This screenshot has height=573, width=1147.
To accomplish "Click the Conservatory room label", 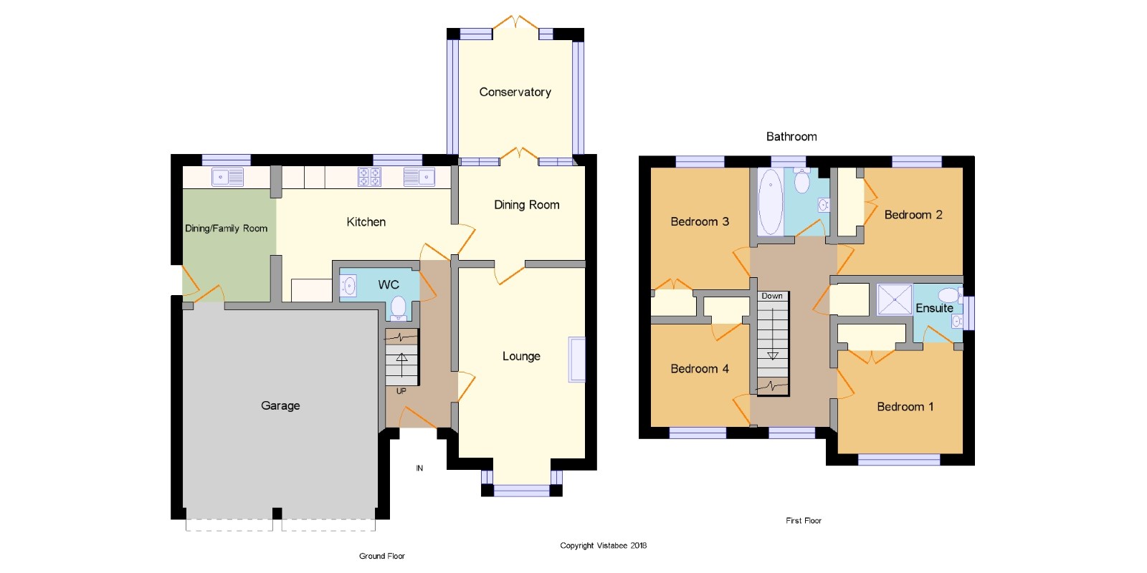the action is (x=515, y=92).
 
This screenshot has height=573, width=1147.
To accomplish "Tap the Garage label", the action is (x=280, y=405).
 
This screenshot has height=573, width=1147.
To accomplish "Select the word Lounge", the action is (x=521, y=356).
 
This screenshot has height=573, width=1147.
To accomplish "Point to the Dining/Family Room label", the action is (x=226, y=228).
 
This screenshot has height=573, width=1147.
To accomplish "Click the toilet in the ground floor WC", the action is (x=399, y=309).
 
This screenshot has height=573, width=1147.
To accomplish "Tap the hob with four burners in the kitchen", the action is (x=369, y=177).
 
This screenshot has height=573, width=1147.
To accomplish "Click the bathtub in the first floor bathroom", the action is (x=770, y=201).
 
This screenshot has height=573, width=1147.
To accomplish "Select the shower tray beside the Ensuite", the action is (x=894, y=299).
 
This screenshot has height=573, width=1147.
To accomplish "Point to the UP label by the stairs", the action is (x=401, y=391).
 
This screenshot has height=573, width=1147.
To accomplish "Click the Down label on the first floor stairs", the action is (x=771, y=297).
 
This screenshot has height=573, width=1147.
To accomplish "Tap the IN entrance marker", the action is (x=419, y=468).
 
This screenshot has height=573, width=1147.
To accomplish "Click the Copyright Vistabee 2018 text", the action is (x=603, y=545).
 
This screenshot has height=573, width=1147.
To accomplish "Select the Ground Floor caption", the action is (x=382, y=556).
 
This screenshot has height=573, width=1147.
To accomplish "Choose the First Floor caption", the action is (x=804, y=520).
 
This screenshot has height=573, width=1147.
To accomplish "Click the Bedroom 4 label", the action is (x=700, y=369).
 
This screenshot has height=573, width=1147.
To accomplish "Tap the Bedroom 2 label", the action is (x=913, y=215).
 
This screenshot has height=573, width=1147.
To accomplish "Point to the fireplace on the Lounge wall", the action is (x=577, y=359).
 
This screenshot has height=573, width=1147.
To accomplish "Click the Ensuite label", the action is (x=934, y=308).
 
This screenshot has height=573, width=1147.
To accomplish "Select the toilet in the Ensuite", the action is (x=948, y=295).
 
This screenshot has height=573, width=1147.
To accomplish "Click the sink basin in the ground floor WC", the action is (x=348, y=286).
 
